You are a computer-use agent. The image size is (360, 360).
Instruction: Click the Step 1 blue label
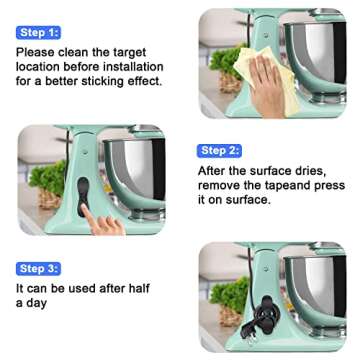[39, 32]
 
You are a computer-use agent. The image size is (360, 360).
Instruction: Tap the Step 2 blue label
[220, 150]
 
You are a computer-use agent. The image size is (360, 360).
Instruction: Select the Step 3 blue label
[39, 268]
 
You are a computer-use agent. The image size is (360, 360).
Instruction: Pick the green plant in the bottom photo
[226, 300]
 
